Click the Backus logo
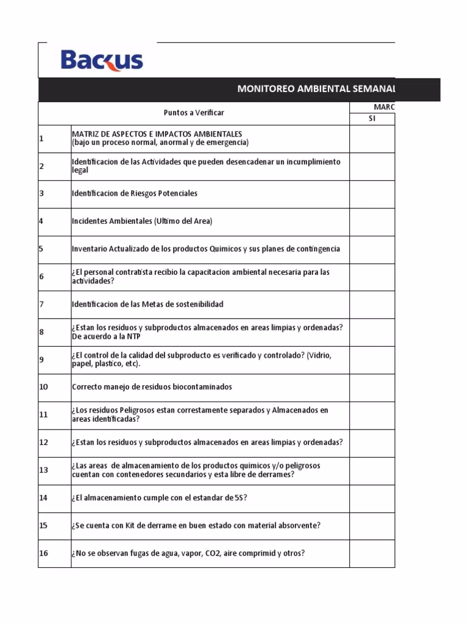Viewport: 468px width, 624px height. pos(102,60)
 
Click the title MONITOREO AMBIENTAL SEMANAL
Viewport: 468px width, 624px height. pos(316,89)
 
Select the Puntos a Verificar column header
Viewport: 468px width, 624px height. pos(194,113)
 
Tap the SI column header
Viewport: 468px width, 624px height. pos(372,119)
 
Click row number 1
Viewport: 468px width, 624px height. pos(41,138)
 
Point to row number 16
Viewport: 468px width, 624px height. pos(43,553)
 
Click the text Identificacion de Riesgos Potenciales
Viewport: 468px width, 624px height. pos(135,193)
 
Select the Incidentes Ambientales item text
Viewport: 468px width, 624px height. pos(142,221)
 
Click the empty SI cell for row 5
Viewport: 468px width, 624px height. pos(372,249)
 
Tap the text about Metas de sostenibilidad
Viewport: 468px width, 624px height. pos(147,304)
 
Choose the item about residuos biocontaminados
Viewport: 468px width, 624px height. pos(152,387)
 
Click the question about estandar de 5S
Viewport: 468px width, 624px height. pos(159,498)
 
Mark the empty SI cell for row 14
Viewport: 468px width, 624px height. pos(372,498)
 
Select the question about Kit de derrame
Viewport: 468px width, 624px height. pos(196,526)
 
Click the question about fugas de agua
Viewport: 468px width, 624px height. pos(188,553)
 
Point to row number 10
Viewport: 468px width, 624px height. pos(43,387)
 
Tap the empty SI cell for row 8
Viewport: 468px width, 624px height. pos(372,332)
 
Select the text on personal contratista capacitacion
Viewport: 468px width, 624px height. pos(200,277)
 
